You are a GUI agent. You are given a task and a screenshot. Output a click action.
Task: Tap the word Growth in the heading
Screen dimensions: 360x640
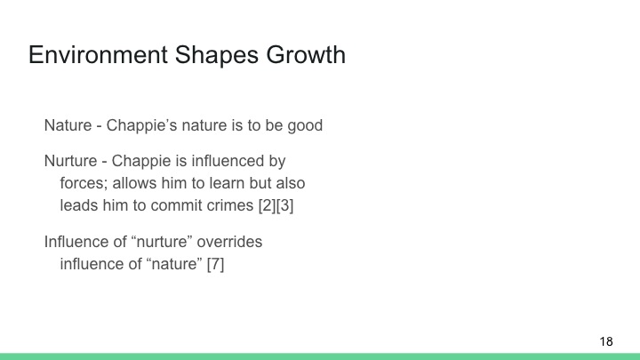(304, 55)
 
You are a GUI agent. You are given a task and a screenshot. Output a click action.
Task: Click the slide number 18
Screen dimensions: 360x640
(606, 341)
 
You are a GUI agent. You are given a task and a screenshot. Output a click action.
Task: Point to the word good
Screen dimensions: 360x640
(305, 125)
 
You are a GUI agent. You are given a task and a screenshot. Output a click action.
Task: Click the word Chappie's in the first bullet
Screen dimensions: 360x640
(140, 125)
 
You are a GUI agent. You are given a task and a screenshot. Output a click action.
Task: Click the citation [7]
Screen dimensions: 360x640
(215, 264)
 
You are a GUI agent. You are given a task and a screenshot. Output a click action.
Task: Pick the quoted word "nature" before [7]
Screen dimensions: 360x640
(172, 264)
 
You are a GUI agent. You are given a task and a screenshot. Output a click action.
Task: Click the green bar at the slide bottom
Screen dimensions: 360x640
(320, 356)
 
